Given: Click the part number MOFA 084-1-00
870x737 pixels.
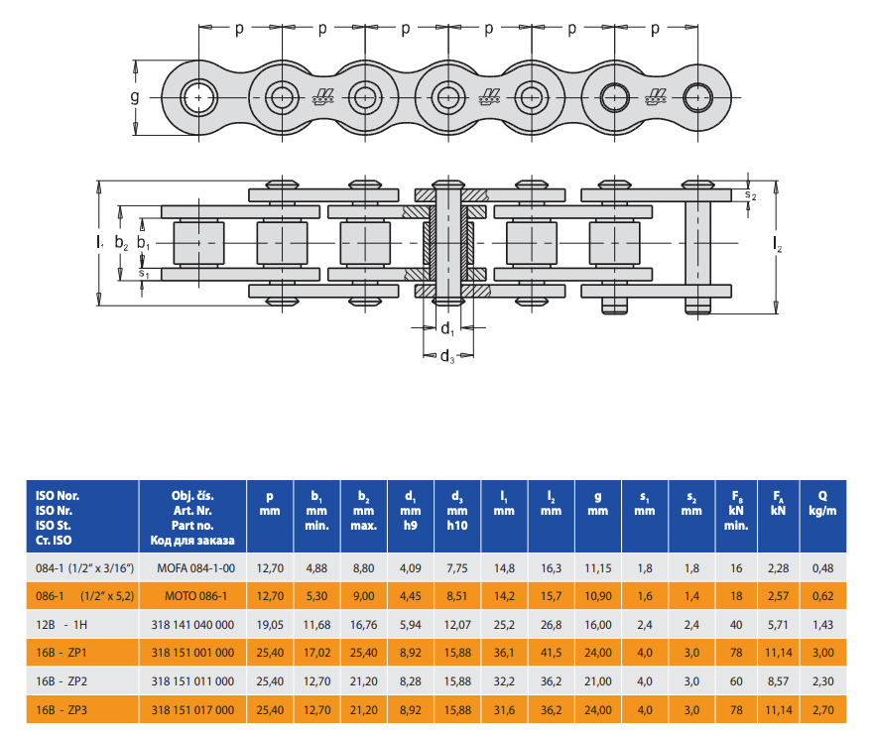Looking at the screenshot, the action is coord(195,568).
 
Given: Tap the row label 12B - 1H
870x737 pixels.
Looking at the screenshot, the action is coord(62,625).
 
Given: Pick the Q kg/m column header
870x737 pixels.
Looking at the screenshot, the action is coord(822,503).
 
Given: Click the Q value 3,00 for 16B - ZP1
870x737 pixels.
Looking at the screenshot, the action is coord(822,654).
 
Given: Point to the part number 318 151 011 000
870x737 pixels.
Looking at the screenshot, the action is coord(192,681).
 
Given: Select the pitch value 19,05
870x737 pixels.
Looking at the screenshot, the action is coord(270,625).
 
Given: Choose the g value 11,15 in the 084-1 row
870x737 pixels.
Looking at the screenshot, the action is coord(598,568).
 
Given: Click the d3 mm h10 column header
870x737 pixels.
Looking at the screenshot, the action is coord(457,511).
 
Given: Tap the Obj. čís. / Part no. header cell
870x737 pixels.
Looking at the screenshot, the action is coord(192,518).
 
